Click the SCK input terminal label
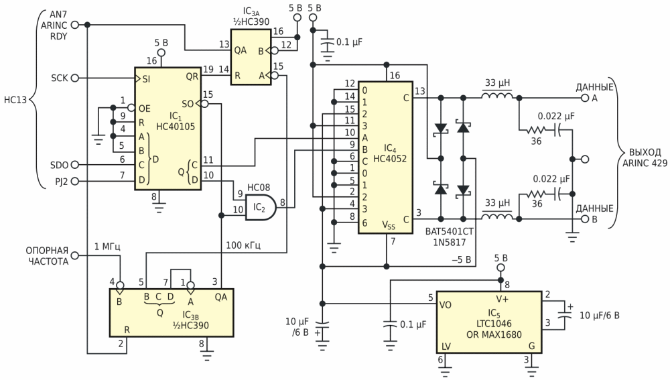(59, 78)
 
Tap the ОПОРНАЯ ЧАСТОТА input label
(44, 256)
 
